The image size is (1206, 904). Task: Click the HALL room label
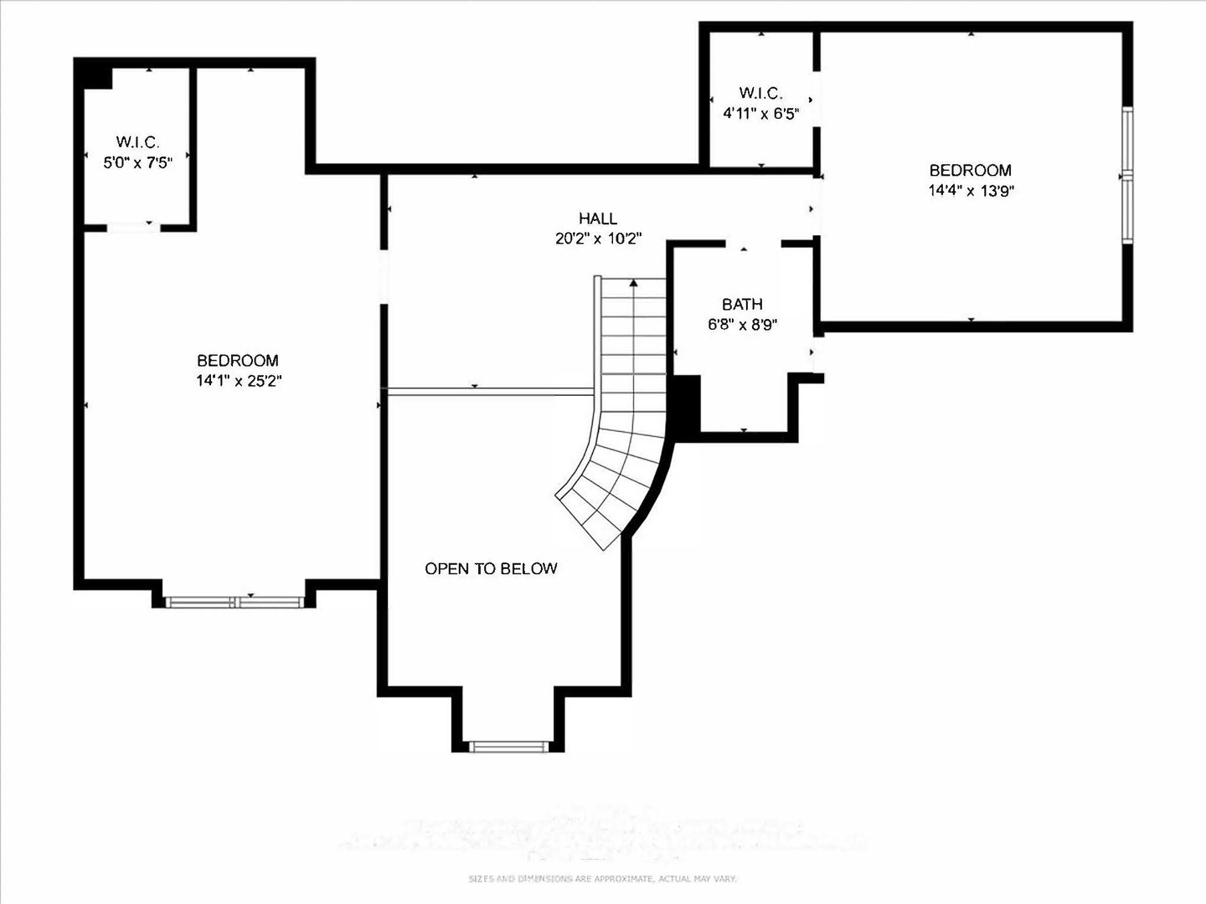tap(597, 218)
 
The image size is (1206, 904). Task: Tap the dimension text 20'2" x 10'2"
tap(598, 239)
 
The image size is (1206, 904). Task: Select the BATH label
tap(742, 305)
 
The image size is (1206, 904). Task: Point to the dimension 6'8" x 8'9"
tap(742, 325)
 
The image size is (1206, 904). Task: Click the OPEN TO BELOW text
tap(491, 568)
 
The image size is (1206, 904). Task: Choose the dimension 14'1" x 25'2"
tap(237, 381)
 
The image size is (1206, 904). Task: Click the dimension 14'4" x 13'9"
tap(971, 191)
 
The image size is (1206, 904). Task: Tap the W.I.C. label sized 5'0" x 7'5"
tap(137, 142)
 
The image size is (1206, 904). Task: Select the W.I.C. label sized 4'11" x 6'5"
tap(760, 93)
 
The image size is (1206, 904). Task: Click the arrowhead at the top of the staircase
tap(634, 283)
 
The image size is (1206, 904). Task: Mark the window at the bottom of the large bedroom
tap(234, 601)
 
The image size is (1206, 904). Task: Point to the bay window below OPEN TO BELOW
tap(508, 747)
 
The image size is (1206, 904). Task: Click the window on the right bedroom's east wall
tap(1127, 176)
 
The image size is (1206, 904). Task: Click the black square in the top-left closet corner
tap(95, 75)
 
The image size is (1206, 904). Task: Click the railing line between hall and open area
tap(490, 390)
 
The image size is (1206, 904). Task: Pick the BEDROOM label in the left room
tap(237, 361)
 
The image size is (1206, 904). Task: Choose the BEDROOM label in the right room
tap(971, 171)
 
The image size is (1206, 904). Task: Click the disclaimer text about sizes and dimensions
tap(602, 879)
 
